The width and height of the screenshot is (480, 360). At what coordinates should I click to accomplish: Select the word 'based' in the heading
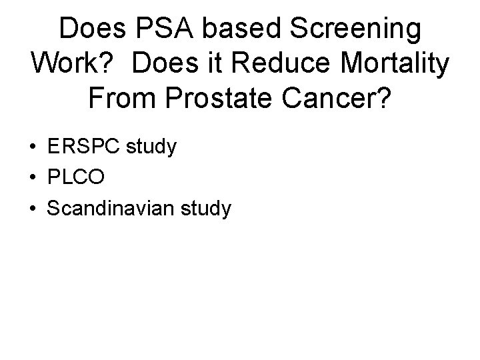click(231, 29)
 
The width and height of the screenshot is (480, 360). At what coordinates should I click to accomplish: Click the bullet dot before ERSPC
click(33, 148)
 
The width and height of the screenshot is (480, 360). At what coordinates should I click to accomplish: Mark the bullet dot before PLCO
click(33, 179)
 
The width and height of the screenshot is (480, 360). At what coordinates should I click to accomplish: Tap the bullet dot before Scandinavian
click(33, 209)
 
